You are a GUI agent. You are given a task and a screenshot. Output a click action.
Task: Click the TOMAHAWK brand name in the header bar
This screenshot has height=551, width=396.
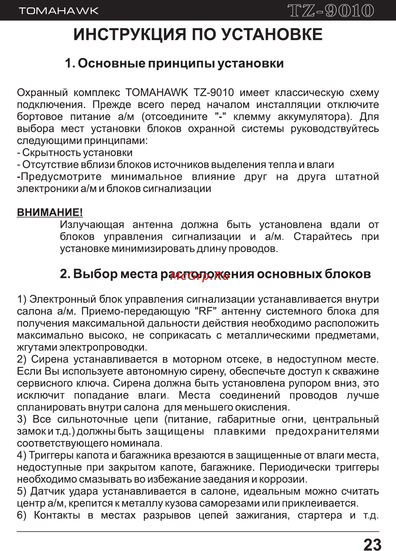(59, 11)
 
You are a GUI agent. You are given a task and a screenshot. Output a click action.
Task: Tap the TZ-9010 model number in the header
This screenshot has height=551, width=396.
(331, 11)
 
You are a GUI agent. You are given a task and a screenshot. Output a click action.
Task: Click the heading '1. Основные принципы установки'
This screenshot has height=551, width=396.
(174, 63)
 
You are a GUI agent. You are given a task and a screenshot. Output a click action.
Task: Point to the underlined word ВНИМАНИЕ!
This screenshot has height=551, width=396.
(50, 212)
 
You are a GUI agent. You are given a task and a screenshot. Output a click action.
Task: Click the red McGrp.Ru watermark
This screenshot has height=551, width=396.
(200, 276)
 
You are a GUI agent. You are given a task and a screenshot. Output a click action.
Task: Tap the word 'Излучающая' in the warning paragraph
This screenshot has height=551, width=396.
(92, 225)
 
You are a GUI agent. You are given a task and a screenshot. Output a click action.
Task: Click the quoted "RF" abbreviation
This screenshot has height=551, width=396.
(206, 311)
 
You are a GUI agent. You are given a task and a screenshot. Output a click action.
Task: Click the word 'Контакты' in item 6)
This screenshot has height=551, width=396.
(57, 515)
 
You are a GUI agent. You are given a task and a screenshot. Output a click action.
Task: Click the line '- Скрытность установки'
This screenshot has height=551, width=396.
(75, 153)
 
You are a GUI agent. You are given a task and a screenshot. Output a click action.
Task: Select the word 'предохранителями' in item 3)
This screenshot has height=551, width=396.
(327, 431)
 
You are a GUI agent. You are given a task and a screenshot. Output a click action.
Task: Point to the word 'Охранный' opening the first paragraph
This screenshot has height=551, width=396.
(42, 93)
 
